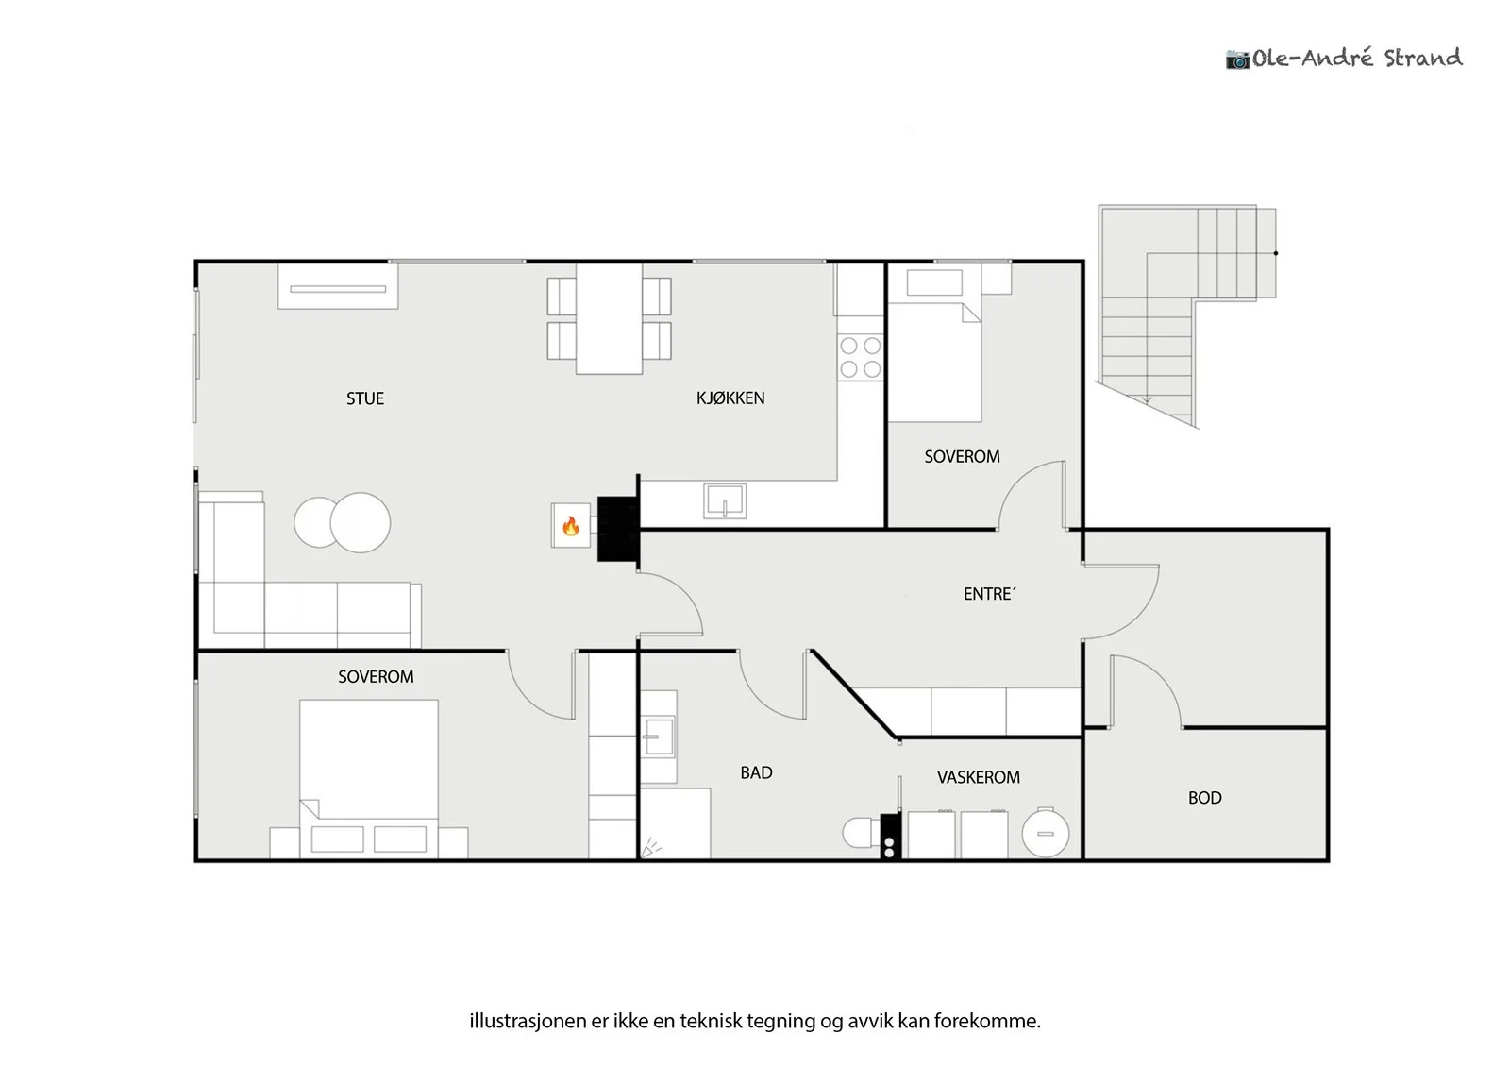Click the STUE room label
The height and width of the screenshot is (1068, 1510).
(x=364, y=398)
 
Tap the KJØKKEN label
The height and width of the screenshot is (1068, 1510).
(x=730, y=398)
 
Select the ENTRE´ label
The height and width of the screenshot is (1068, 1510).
(x=989, y=593)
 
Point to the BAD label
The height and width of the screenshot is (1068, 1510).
(x=756, y=772)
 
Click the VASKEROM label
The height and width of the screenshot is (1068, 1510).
(x=978, y=777)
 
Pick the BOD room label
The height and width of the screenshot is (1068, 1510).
(x=1204, y=797)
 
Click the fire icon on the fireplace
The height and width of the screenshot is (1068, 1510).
(x=570, y=526)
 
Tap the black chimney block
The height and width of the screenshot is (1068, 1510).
(x=617, y=529)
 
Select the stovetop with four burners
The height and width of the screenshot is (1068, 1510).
(x=860, y=358)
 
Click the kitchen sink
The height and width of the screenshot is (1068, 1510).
(x=725, y=501)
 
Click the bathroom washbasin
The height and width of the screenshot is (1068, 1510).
(x=659, y=736)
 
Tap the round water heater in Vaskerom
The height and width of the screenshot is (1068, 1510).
(x=1045, y=833)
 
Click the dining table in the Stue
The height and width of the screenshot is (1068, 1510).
(x=609, y=318)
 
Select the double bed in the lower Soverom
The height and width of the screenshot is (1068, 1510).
(x=369, y=779)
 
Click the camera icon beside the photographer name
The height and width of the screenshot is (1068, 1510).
(x=1237, y=59)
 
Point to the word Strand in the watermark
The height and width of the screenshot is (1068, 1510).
(x=1423, y=58)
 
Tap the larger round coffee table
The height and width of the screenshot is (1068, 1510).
(x=360, y=523)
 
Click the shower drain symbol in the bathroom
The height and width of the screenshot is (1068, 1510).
(x=650, y=848)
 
